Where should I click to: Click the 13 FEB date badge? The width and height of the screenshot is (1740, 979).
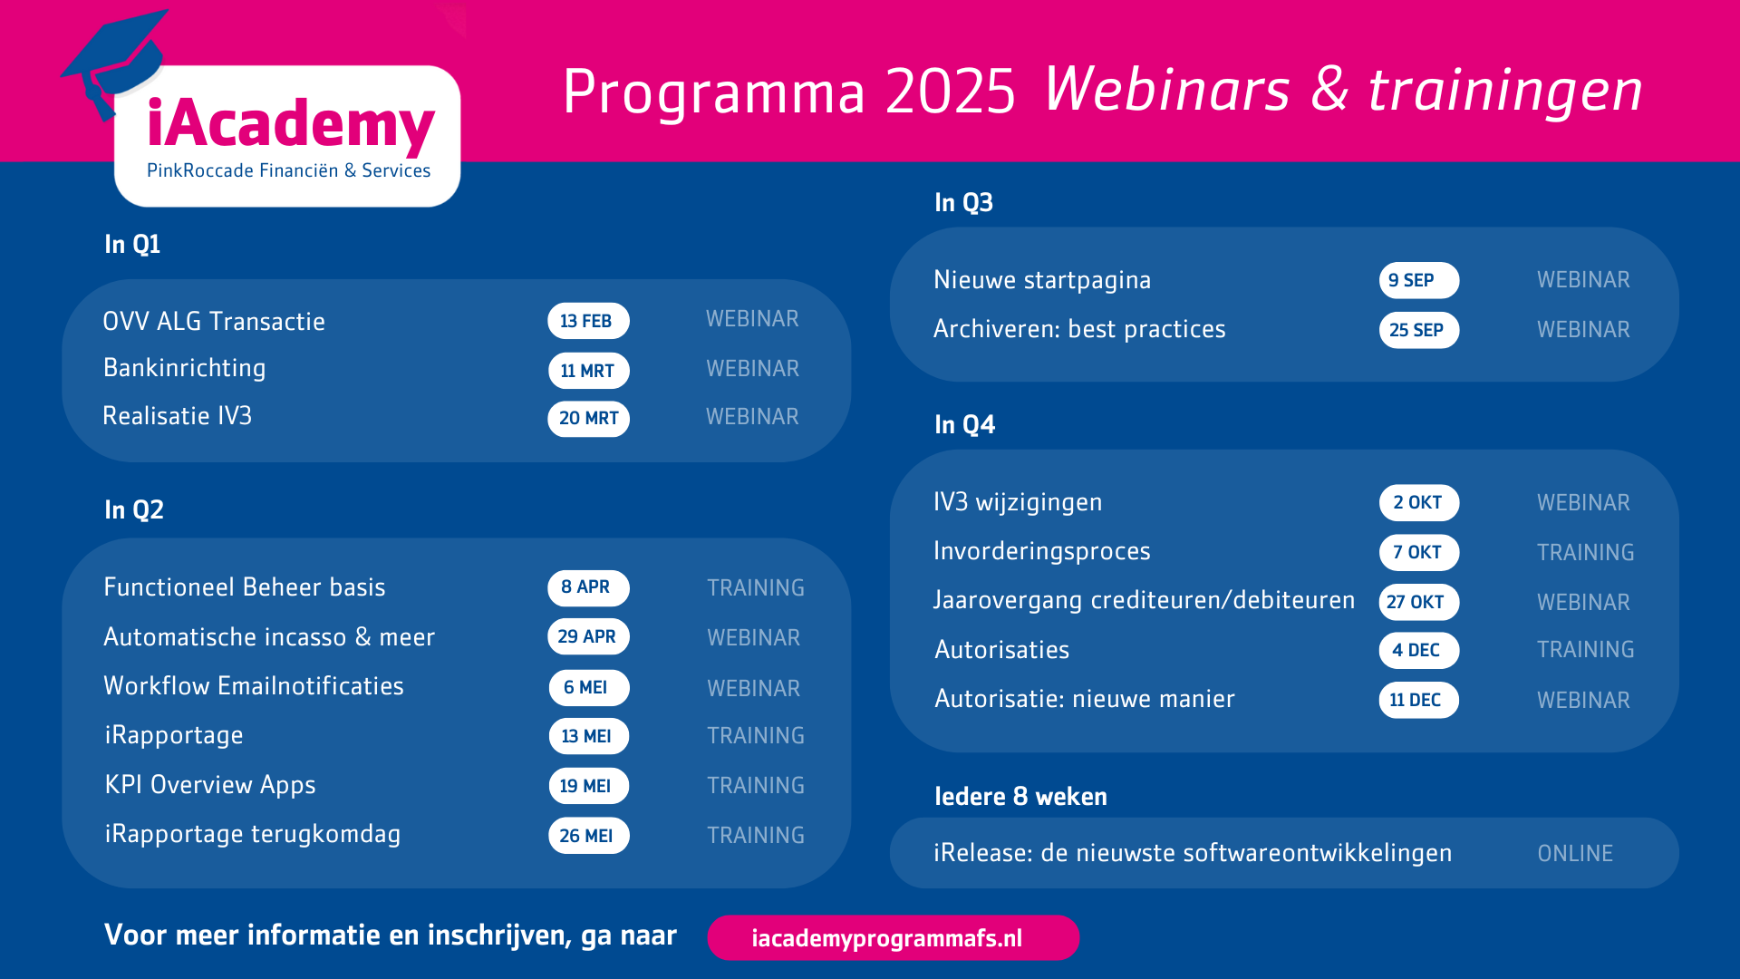point(588,321)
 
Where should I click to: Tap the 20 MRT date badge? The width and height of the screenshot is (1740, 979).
point(588,419)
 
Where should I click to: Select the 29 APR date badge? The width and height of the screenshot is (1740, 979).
point(588,636)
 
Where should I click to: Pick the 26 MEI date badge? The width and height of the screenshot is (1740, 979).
point(588,836)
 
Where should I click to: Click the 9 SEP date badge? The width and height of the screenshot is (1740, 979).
point(1419,281)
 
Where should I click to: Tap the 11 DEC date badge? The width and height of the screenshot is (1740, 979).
point(1419,700)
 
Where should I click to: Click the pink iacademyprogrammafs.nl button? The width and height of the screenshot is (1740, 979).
point(894,937)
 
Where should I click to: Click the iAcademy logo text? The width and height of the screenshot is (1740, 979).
point(291,125)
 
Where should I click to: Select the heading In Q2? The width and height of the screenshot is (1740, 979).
point(134,510)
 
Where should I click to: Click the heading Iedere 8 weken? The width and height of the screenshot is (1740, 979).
point(1021,797)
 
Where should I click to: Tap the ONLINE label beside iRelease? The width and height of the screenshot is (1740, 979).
point(1575,854)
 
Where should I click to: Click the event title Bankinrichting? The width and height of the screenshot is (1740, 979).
point(185,368)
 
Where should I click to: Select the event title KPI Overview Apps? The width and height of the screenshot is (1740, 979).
point(210,785)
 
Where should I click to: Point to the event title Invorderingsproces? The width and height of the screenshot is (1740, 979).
point(1042,552)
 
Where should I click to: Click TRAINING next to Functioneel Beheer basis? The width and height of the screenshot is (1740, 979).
point(756,588)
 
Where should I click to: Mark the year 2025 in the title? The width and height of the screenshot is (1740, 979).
point(951,92)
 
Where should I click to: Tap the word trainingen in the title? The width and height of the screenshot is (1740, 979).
point(1505,92)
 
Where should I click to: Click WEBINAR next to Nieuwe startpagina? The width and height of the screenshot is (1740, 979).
point(1583,280)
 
